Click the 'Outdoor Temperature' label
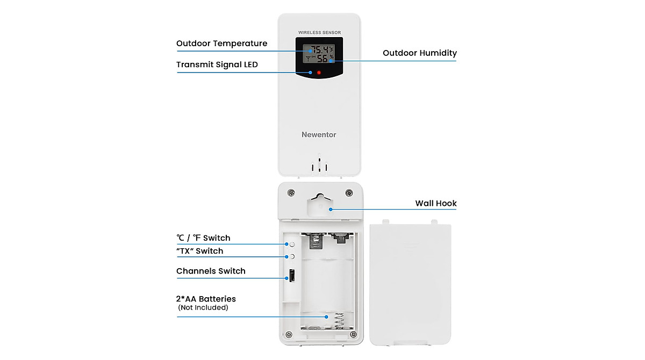pyautogui.click(x=221, y=44)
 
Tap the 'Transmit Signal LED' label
pyautogui.click(x=217, y=64)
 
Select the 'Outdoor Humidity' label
pyautogui.click(x=419, y=53)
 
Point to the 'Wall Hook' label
pyautogui.click(x=435, y=203)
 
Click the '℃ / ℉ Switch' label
pyautogui.click(x=203, y=237)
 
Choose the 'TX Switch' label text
pyautogui.click(x=199, y=251)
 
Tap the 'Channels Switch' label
pyautogui.click(x=211, y=271)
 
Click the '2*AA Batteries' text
pyautogui.click(x=206, y=299)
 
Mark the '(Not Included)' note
pyautogui.click(x=203, y=308)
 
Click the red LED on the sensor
pyautogui.click(x=319, y=72)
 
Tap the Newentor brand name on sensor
pyautogui.click(x=319, y=134)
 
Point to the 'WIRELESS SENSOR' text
pyautogui.click(x=319, y=33)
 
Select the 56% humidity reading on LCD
pyautogui.click(x=324, y=59)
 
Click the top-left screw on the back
pyautogui.click(x=290, y=192)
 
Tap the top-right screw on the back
pyautogui.click(x=348, y=192)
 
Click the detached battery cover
pyautogui.click(x=410, y=285)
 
